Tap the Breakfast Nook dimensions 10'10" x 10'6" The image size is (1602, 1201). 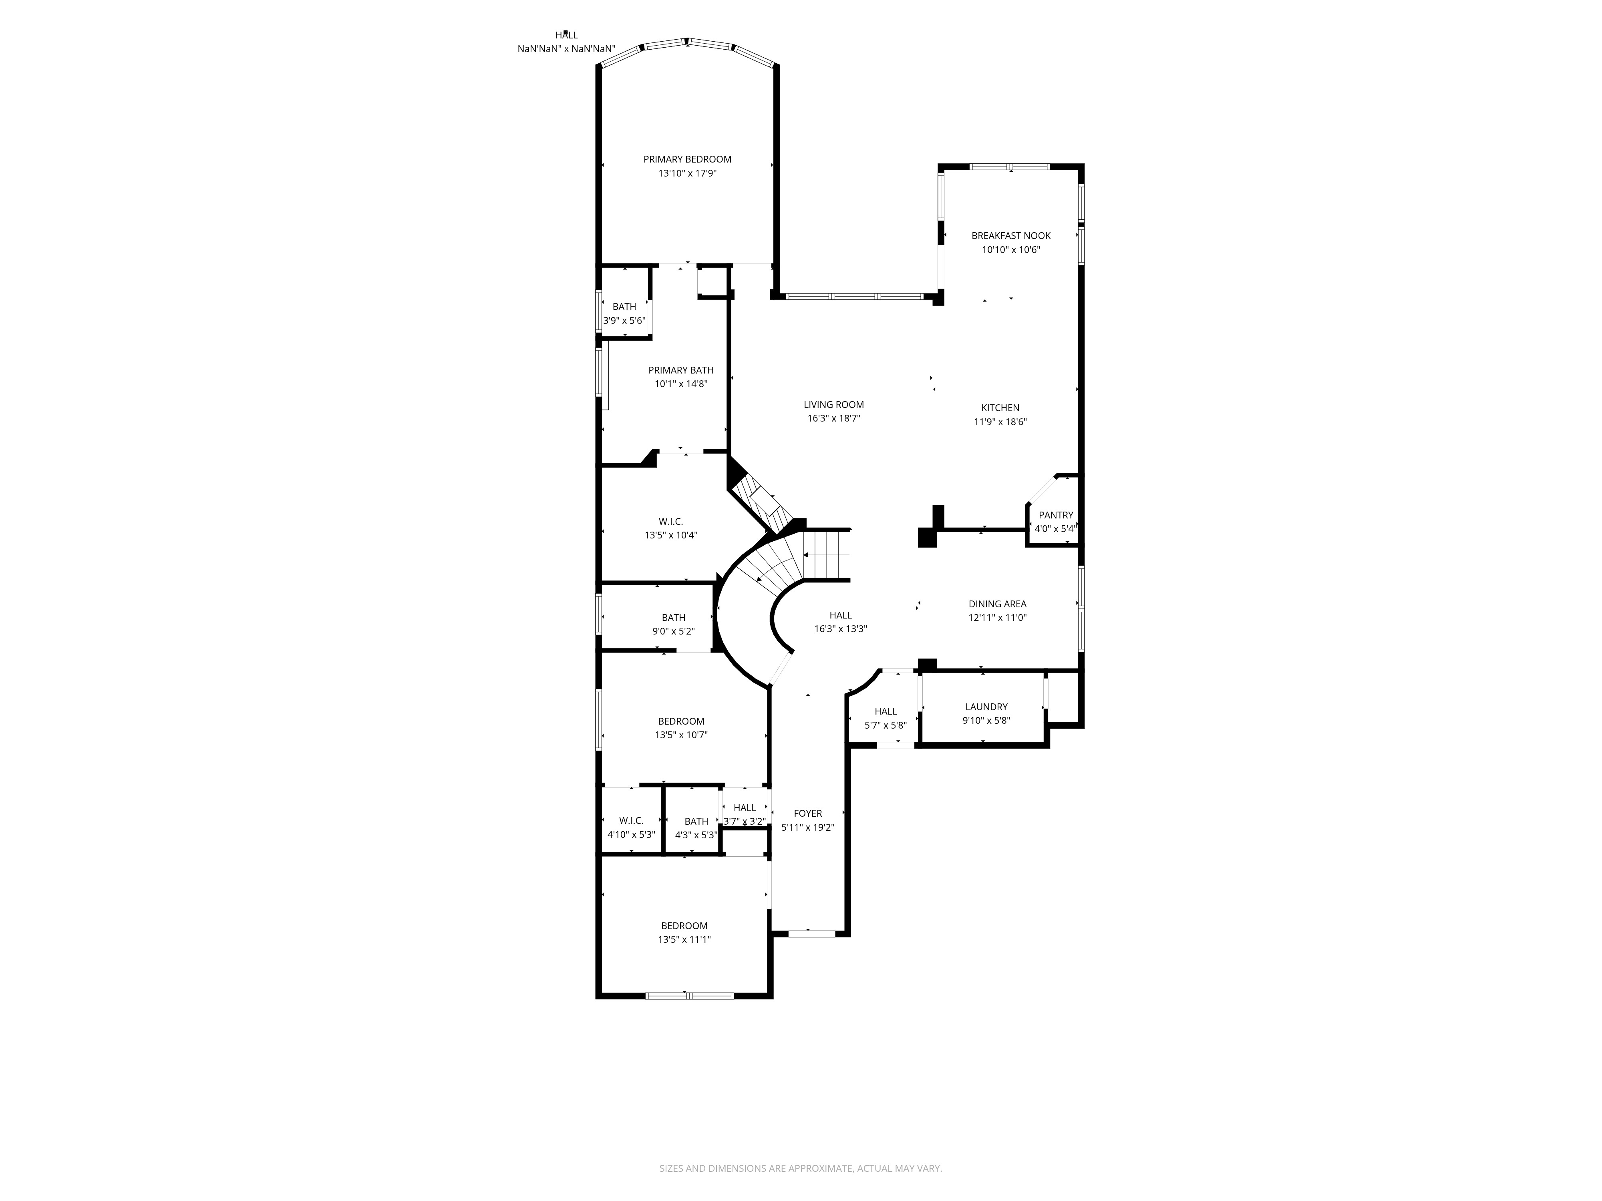(x=1010, y=250)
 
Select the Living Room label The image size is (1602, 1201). (x=833, y=405)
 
